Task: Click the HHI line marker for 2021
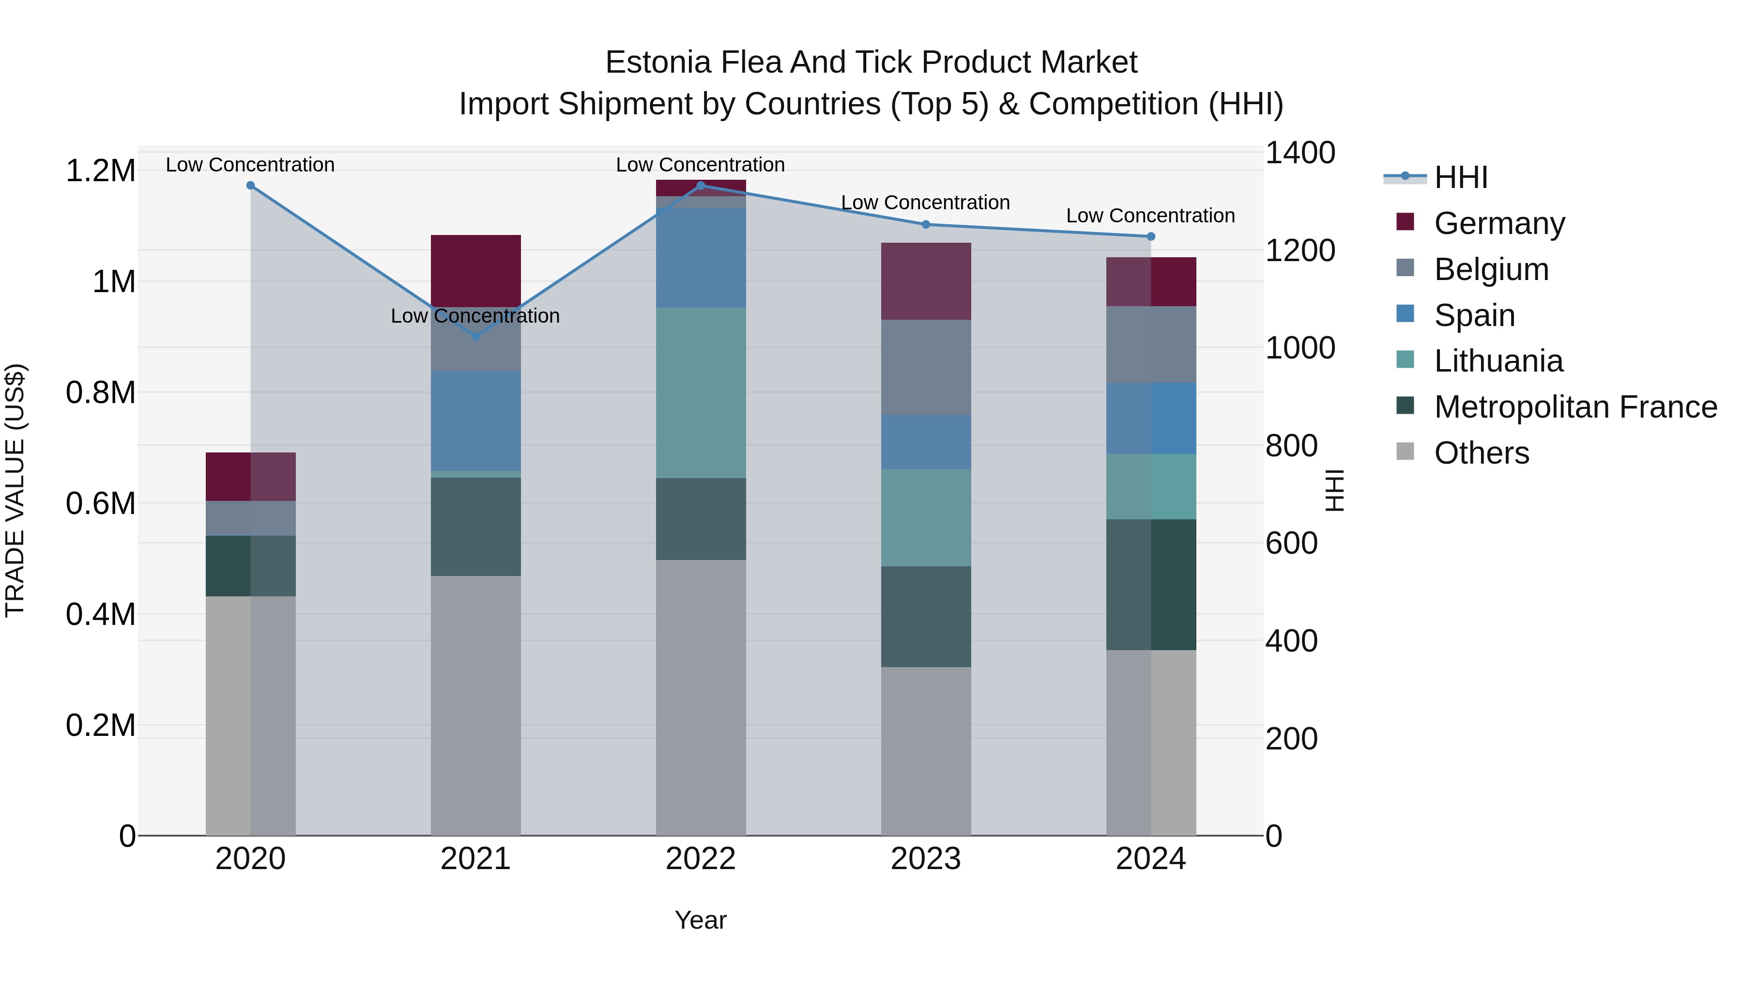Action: (475, 337)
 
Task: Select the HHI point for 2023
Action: (926, 225)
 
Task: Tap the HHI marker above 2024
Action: (1151, 236)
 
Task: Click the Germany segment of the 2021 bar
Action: (475, 271)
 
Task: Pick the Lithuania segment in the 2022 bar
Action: (701, 393)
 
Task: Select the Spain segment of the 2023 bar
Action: (926, 441)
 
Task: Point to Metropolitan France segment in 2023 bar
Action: (926, 616)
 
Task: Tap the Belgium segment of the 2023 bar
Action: (926, 367)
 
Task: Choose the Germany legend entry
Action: (1498, 223)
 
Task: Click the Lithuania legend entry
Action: (1498, 361)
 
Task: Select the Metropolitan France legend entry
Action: (1575, 407)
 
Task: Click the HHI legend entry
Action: (1460, 177)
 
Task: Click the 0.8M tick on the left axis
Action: (101, 393)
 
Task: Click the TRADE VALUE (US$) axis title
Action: (15, 490)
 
